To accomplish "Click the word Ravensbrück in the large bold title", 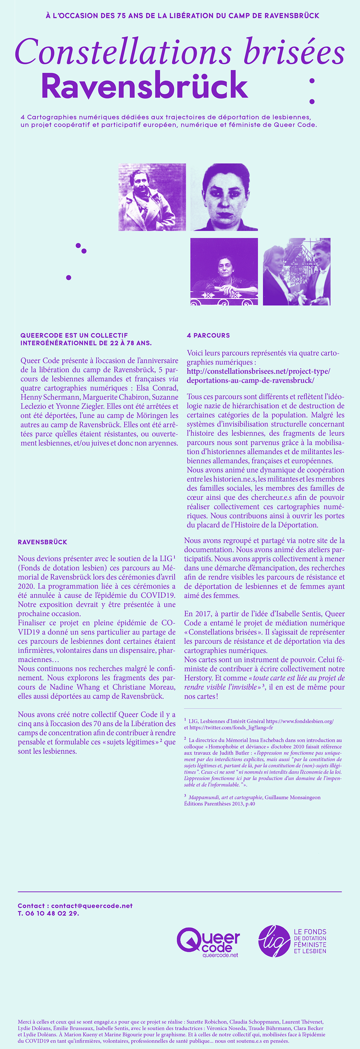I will click(144, 86).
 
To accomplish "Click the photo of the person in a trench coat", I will click(152, 197).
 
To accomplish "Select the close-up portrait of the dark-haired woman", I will click(224, 197).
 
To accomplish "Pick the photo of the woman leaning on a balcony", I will click(224, 271).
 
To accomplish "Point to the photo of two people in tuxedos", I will click(296, 271).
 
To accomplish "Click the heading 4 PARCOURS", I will click(208, 335).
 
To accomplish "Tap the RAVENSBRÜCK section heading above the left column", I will click(42, 542).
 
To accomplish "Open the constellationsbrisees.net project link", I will click(258, 376).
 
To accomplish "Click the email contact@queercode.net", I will click(92, 906).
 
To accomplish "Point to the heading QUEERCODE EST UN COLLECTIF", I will click(74, 335).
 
